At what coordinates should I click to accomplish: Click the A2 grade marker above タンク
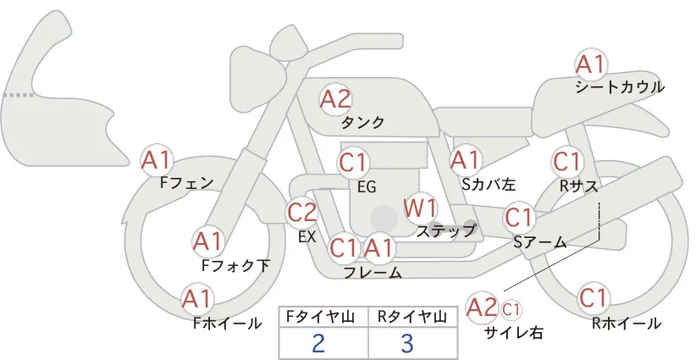click(335, 99)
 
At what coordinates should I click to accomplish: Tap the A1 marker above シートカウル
click(591, 65)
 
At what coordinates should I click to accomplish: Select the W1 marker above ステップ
click(420, 208)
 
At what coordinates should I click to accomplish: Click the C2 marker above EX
click(302, 212)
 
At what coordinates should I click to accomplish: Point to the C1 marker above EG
click(353, 163)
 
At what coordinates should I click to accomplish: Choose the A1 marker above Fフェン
click(157, 161)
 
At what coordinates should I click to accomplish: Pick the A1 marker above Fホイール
click(197, 299)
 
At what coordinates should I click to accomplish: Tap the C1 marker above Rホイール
click(593, 298)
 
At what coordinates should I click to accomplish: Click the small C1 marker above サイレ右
click(511, 309)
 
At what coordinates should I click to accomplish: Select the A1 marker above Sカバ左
click(466, 161)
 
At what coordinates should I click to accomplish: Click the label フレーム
click(373, 272)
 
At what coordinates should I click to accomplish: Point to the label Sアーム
click(540, 242)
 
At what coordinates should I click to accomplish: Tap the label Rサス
click(578, 186)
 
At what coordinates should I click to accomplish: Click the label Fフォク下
click(235, 265)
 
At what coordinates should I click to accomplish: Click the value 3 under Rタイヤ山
click(406, 343)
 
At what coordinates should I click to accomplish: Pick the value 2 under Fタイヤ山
click(318, 343)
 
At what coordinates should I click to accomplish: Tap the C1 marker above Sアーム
click(519, 218)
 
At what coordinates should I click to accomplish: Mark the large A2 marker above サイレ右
click(482, 307)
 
